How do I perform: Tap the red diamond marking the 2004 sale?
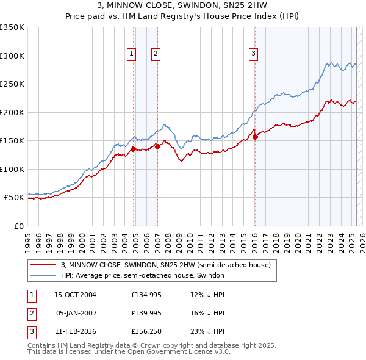pos(133,148)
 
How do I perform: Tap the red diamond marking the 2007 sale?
pos(157,146)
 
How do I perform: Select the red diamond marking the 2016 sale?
pos(255,137)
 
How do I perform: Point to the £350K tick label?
pos(12,27)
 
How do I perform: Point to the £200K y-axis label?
pos(12,112)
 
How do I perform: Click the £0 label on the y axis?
pos(19,226)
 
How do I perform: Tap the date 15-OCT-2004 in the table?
pos(76,295)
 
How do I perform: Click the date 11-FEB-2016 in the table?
pos(76,333)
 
